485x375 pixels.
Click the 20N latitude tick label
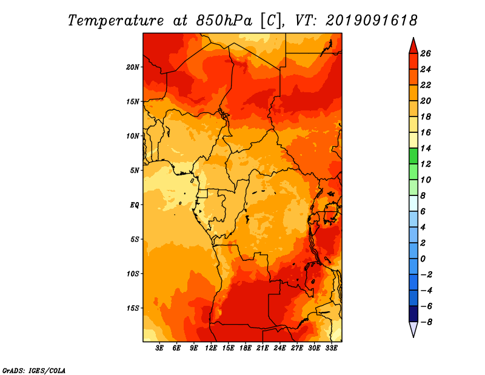click(x=133, y=67)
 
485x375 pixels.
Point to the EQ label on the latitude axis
click(x=135, y=205)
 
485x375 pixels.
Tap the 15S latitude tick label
click(x=133, y=308)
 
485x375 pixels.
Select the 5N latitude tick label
click(x=135, y=171)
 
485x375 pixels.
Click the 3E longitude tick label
click(x=159, y=348)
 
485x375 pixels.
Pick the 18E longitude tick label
click(x=246, y=348)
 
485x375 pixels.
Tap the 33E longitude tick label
click(x=331, y=348)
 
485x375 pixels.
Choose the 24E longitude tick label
click(x=279, y=348)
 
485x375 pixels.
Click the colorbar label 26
click(x=426, y=53)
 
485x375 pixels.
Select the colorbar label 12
click(x=426, y=164)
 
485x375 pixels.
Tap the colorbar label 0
click(x=423, y=258)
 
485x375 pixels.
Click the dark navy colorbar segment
click(x=413, y=314)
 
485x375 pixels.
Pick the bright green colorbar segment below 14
click(x=413, y=156)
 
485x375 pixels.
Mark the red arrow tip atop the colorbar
click(x=413, y=38)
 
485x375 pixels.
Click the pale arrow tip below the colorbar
click(x=413, y=337)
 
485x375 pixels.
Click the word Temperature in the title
click(x=116, y=21)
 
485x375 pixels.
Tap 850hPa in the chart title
click(x=224, y=21)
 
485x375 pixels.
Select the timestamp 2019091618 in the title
click(x=372, y=21)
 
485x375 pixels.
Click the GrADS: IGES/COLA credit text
click(x=34, y=370)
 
